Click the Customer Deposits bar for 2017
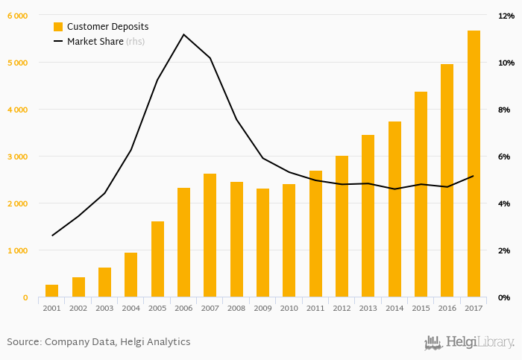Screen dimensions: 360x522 pos(474,164)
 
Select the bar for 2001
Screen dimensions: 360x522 pos(51,291)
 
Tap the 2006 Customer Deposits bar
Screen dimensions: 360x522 pos(183,242)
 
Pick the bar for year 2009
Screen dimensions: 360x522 pos(262,243)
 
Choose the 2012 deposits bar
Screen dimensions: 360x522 pos(342,227)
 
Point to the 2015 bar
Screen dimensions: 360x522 pos(421,195)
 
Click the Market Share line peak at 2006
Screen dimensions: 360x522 pos(183,34)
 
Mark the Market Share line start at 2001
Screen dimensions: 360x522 pos(51,236)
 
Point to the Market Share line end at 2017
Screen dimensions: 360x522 pos(474,176)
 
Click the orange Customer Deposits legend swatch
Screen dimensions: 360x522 pos(58,26)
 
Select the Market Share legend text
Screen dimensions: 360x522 pos(95,42)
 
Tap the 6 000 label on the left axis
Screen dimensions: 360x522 pos(16,16)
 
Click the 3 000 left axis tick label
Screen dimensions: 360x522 pos(16,157)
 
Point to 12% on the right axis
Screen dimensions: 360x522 pos(505,16)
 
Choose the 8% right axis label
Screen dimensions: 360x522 pos(504,110)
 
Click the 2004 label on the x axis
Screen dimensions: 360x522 pos(130,308)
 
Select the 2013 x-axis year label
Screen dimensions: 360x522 pos(368,308)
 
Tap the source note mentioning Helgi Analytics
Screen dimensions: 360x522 pos(98,341)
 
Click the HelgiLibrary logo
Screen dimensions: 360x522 pos(469,342)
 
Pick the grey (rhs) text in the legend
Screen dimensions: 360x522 pos(136,42)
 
